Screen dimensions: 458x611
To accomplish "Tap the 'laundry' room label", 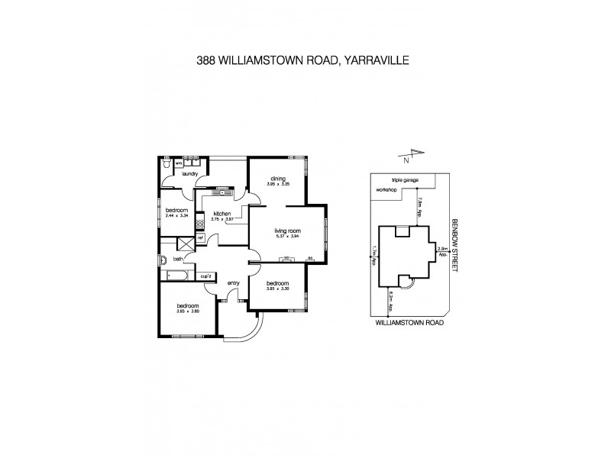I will [x=190, y=174].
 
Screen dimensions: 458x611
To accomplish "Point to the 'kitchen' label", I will [x=222, y=213].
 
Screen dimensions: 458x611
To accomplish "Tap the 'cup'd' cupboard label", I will [x=205, y=276].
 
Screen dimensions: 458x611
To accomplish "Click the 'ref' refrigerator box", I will [x=200, y=238].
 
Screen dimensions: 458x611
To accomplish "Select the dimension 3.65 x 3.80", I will [x=188, y=311].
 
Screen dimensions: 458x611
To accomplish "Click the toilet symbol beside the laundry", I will [x=167, y=163].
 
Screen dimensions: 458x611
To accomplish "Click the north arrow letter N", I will [x=407, y=160].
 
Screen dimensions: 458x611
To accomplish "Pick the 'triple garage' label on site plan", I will [x=406, y=179].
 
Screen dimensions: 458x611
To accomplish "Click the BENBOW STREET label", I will [x=454, y=244].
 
